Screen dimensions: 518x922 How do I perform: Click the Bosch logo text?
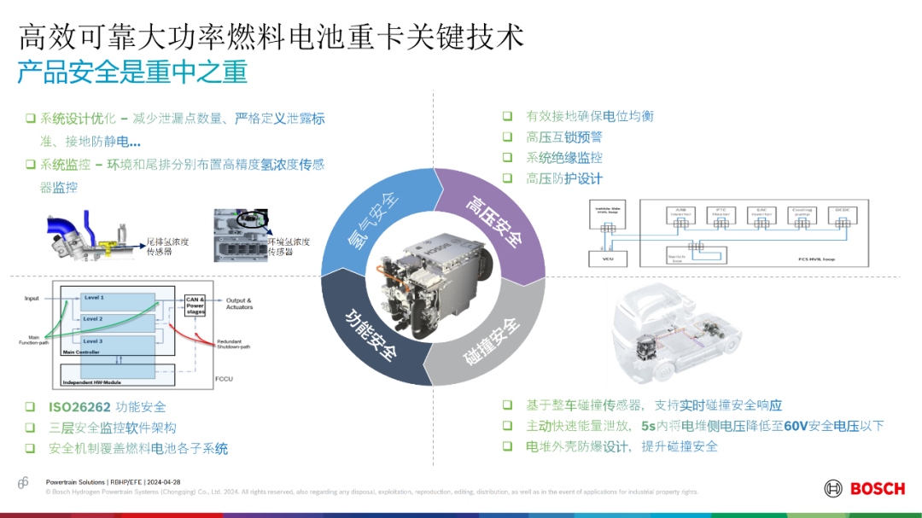point(877,489)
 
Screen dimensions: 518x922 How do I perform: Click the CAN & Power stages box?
point(195,306)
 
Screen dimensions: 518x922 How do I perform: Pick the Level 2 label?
point(93,318)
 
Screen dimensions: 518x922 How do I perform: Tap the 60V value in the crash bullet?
point(796,426)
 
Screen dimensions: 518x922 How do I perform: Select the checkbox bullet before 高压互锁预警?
point(507,137)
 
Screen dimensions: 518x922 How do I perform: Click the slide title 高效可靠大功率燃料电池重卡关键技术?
point(271,37)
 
